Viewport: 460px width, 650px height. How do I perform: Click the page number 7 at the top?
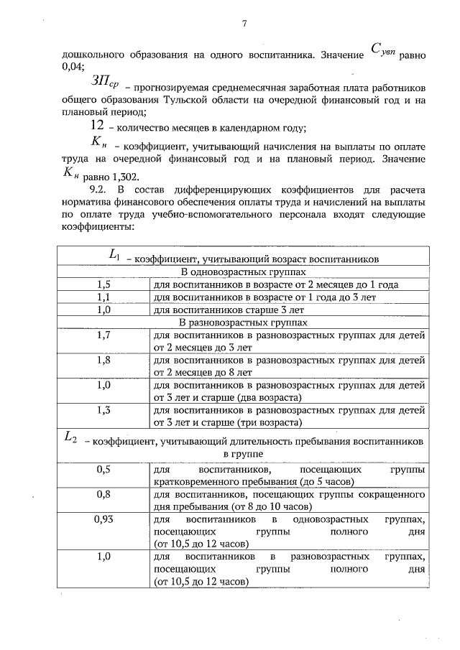[x=244, y=24]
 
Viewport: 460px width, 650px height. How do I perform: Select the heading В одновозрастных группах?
[x=243, y=272]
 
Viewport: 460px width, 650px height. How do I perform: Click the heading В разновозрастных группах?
[x=243, y=322]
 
